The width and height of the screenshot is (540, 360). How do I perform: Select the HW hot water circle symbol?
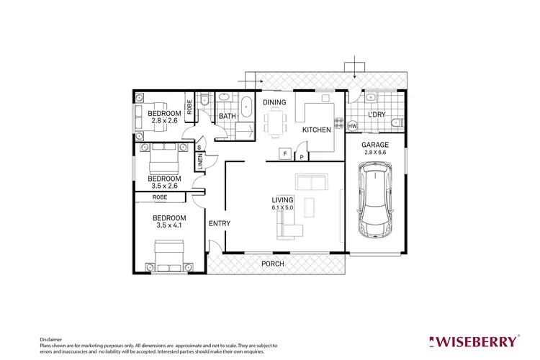click(352, 127)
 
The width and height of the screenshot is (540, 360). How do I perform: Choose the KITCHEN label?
click(316, 130)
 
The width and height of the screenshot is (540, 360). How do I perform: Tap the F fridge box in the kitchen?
click(285, 154)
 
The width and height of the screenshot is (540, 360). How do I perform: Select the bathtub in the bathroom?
click(247, 106)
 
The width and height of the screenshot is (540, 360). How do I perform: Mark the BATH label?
click(228, 116)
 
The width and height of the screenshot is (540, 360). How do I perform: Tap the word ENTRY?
click(219, 224)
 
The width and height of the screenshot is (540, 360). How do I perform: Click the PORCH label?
click(272, 264)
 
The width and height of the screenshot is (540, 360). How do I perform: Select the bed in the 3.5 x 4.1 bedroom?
click(170, 256)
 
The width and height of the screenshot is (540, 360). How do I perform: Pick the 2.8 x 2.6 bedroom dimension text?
click(165, 121)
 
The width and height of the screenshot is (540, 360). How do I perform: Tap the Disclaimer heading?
click(50, 338)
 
